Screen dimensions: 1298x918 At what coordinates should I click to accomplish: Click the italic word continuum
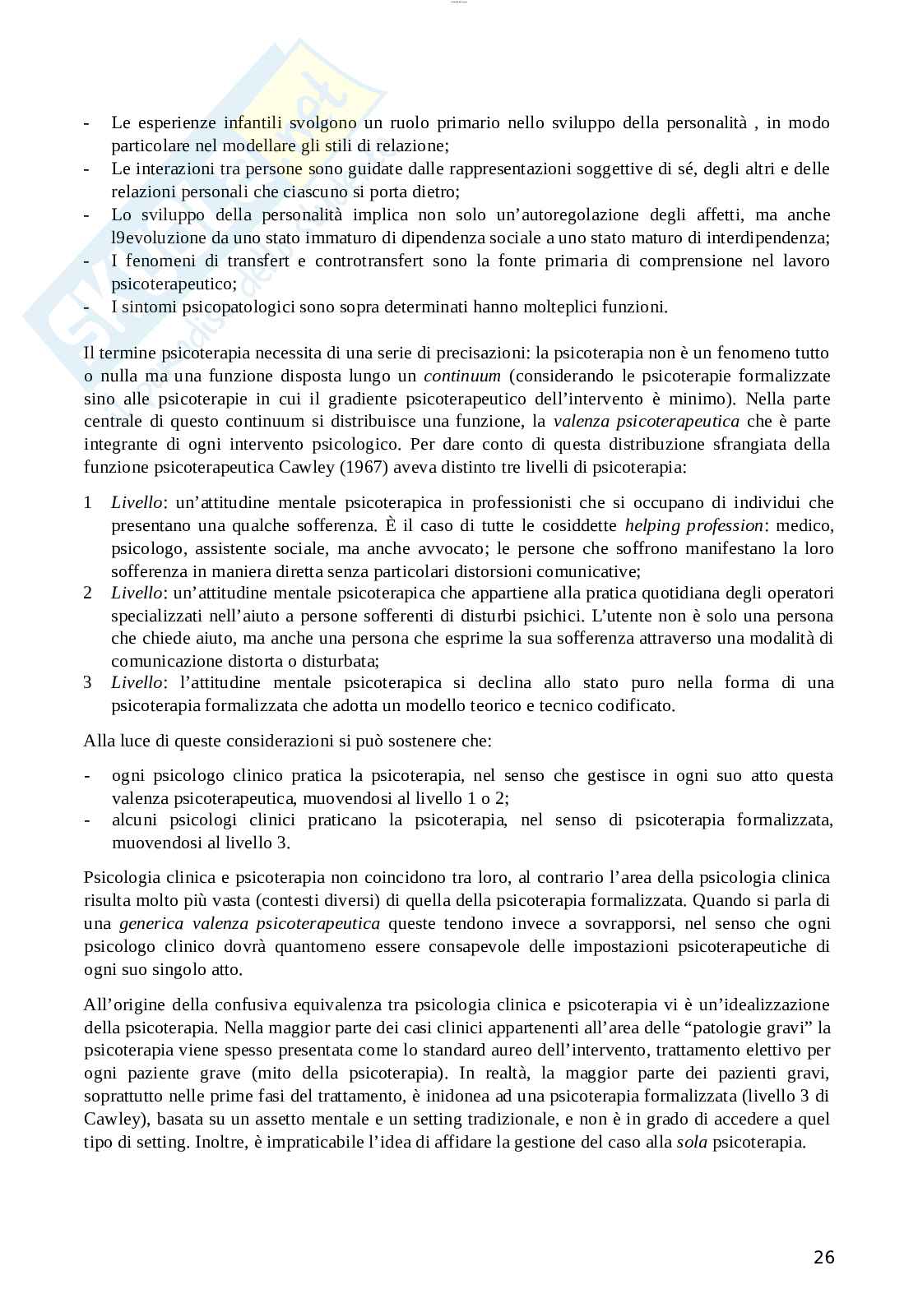point(461,376)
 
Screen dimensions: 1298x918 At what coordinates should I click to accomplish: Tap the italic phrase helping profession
point(693,525)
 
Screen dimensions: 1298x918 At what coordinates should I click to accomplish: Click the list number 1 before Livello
point(88,502)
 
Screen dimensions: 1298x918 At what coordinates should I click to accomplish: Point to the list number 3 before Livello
point(88,682)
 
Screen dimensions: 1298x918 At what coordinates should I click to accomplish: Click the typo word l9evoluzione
point(160,238)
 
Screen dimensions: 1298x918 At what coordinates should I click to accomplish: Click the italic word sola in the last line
point(691,1142)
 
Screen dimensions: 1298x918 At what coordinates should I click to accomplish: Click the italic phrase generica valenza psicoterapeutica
point(249,923)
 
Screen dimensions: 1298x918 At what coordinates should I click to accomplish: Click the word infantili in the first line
point(253,122)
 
